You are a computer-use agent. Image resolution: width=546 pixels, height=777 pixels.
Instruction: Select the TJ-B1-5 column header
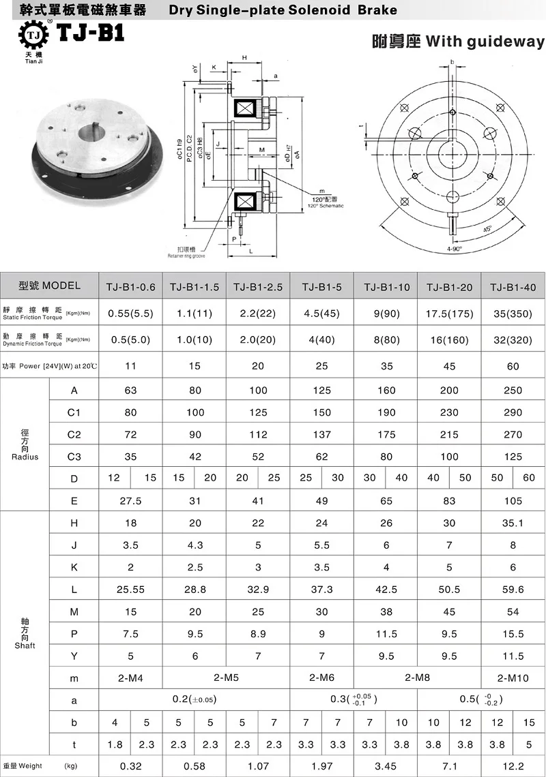tap(321, 287)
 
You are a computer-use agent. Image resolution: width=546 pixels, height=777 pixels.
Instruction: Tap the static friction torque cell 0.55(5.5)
tap(130, 315)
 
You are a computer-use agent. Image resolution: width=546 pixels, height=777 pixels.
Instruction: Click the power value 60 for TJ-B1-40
tap(513, 366)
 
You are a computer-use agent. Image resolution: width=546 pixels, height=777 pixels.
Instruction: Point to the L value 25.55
tap(130, 589)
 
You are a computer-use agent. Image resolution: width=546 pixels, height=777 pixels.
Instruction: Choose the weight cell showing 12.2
tap(513, 766)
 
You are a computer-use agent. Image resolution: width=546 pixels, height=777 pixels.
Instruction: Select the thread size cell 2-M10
tap(513, 677)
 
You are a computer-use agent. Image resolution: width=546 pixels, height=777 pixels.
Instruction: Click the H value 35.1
tap(513, 523)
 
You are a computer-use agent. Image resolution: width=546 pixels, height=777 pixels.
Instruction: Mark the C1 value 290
tap(513, 412)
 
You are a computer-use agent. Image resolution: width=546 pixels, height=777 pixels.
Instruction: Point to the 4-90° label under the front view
tap(454, 249)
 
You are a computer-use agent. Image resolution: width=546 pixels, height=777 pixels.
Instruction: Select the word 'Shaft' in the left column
tap(25, 645)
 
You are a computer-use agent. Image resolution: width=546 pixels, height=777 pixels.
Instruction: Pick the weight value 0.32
tap(130, 766)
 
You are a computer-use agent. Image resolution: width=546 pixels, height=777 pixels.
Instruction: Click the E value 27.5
tap(130, 500)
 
